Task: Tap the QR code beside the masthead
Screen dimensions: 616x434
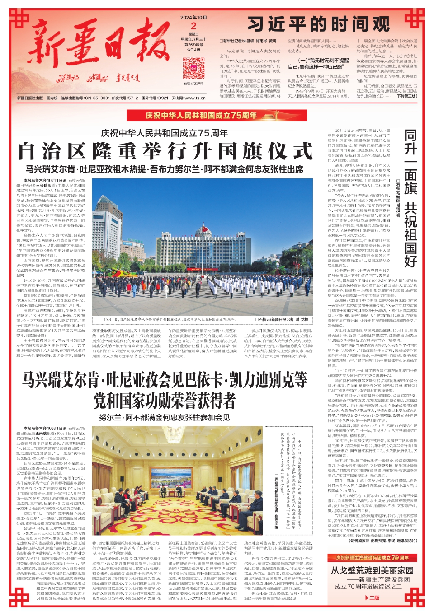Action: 193,69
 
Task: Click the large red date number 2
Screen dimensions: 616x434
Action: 193,26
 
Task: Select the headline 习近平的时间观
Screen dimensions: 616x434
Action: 318,24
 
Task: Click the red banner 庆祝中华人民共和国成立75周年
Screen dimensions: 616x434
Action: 201,115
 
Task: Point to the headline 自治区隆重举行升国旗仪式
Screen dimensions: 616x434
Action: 165,151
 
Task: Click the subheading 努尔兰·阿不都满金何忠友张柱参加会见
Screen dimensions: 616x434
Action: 165,417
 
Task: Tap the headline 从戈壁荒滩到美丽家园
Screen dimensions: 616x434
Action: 372,570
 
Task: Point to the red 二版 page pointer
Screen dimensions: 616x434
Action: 373,597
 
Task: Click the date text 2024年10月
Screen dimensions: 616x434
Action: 193,18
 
